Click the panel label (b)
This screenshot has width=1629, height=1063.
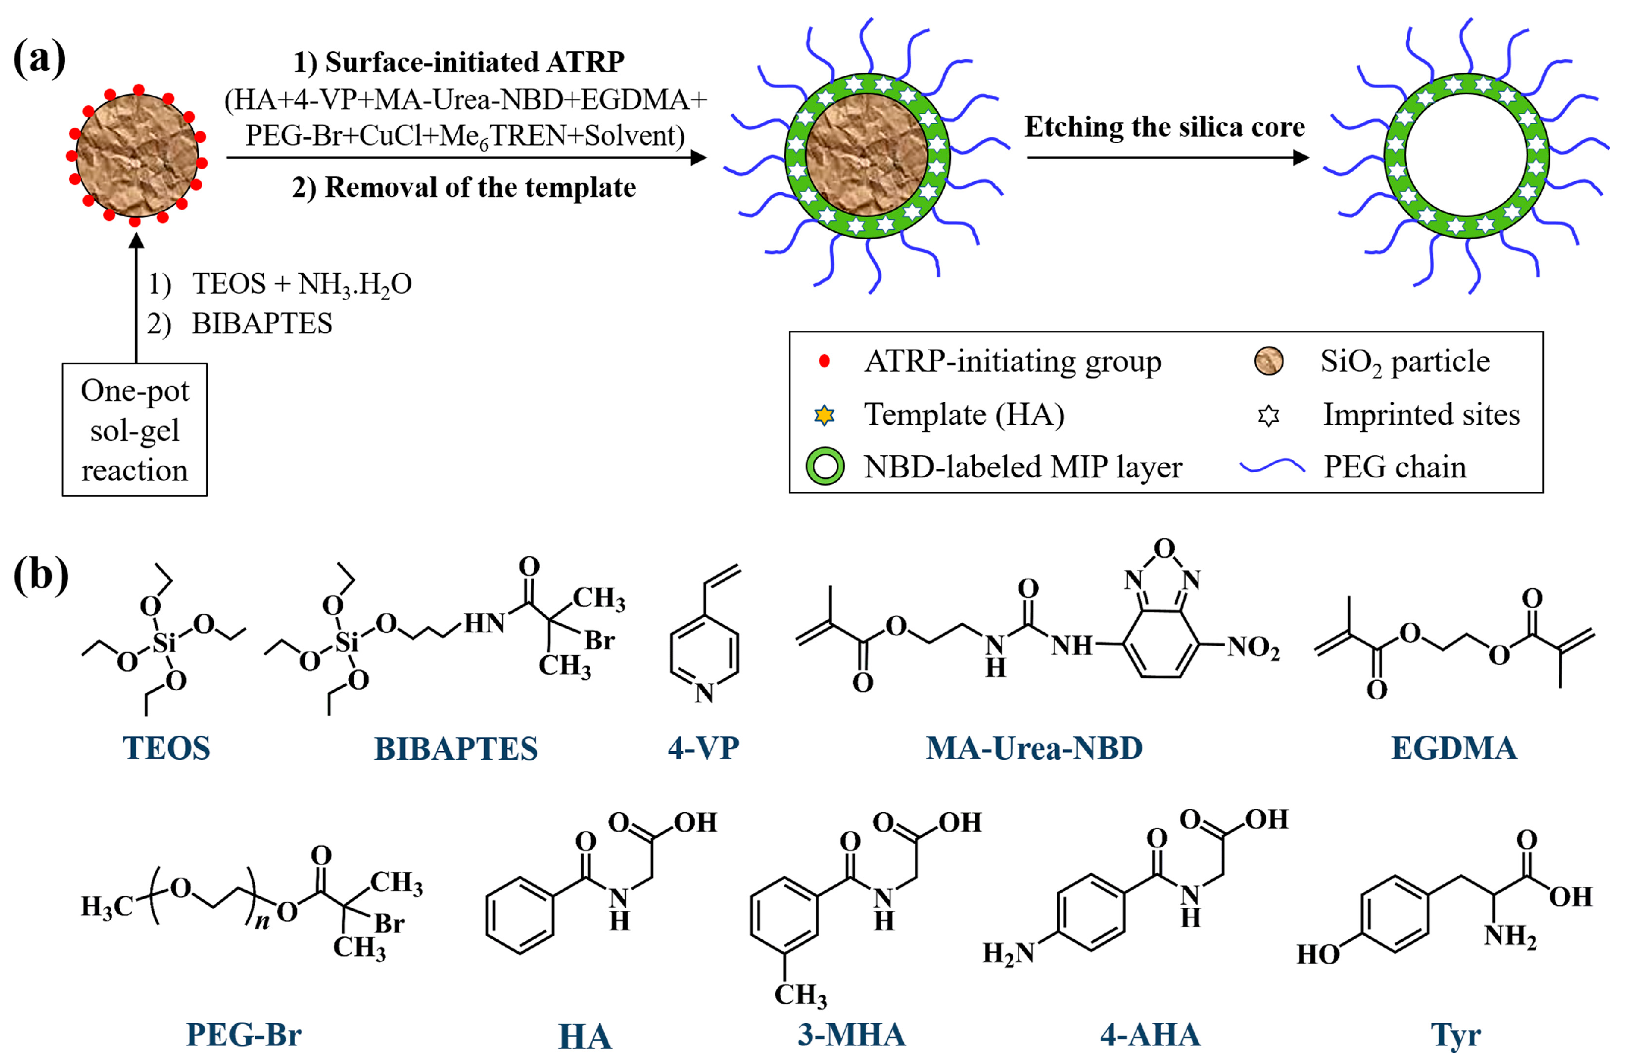[41, 574]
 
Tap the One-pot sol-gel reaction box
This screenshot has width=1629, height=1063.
[134, 430]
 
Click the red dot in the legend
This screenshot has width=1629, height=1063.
[824, 361]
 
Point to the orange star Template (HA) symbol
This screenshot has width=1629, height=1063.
[824, 415]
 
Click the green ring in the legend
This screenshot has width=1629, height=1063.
[826, 467]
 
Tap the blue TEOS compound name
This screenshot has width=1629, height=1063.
[166, 748]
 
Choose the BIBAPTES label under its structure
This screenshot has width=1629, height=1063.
[455, 749]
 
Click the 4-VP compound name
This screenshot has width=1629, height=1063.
[703, 748]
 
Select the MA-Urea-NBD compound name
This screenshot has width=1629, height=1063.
[1034, 748]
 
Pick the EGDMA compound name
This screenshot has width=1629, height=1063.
[1454, 748]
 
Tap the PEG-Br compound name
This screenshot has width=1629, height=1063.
[244, 1034]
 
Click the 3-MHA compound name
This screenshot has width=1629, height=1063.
[852, 1034]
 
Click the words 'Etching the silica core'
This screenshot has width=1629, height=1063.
[1164, 128]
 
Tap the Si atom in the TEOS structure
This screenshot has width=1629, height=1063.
[163, 643]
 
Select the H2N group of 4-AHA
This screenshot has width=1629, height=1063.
[1007, 953]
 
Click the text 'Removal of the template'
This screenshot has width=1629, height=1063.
[479, 187]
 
